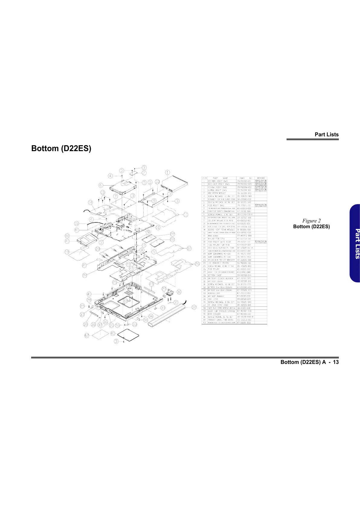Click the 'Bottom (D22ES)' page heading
point(61,148)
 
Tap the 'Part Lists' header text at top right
point(326,135)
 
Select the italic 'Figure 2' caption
point(311,221)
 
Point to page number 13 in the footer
point(336,362)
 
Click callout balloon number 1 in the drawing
point(167,173)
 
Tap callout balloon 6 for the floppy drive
point(101,185)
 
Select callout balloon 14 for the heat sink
point(90,202)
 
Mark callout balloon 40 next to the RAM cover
point(112,333)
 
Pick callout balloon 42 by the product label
point(87,335)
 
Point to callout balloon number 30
point(179,292)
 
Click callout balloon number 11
point(186,214)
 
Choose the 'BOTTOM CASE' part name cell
point(215,275)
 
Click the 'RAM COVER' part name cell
point(214,314)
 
